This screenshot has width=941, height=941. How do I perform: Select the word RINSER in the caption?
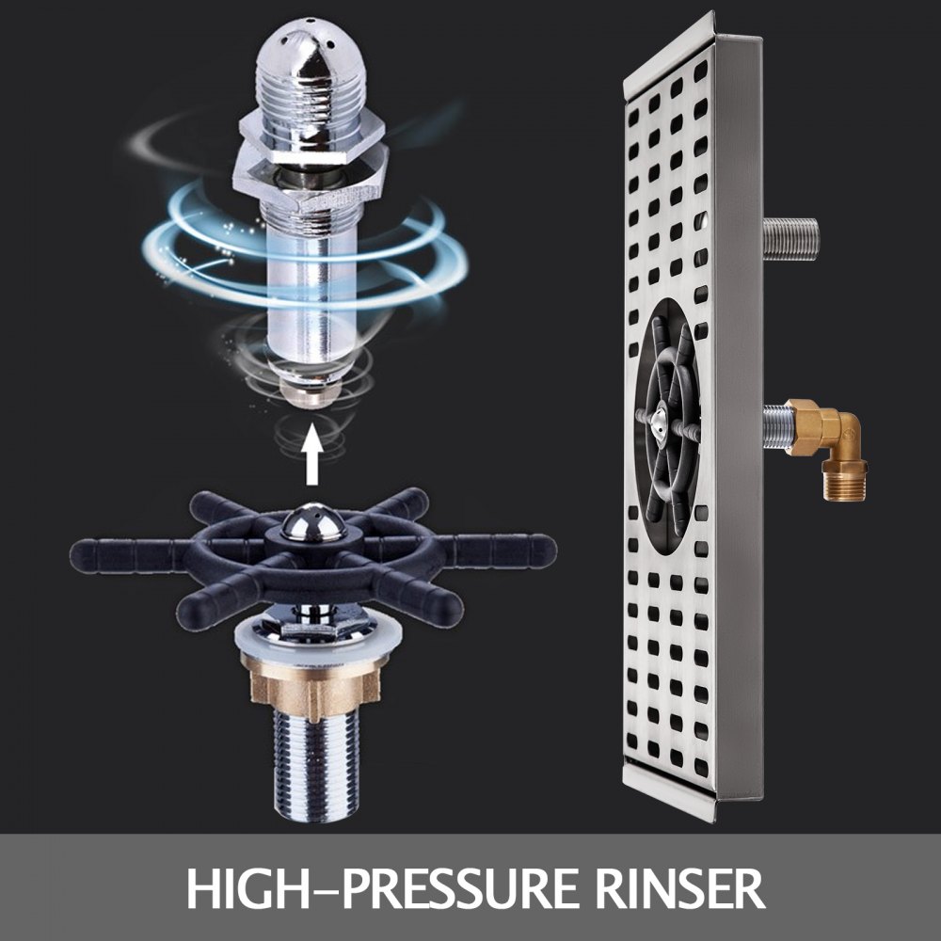pyautogui.click(x=679, y=888)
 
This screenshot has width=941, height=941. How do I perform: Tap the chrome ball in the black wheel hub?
pyautogui.click(x=312, y=522)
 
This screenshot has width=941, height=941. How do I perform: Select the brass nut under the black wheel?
pyautogui.click(x=312, y=683)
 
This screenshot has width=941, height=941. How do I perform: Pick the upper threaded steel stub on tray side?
pyautogui.click(x=791, y=239)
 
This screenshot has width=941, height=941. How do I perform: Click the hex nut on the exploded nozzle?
pyautogui.click(x=310, y=168)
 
